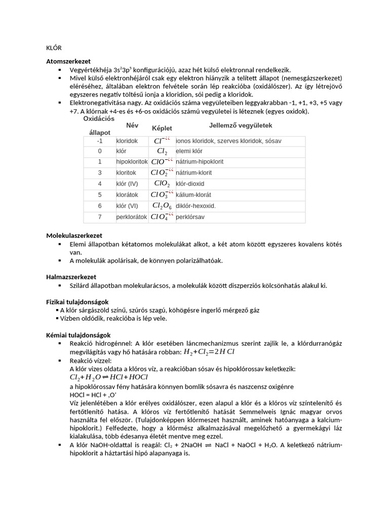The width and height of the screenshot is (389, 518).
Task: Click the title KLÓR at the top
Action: [x=54, y=48]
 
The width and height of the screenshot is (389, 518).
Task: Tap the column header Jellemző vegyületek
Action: [x=241, y=125]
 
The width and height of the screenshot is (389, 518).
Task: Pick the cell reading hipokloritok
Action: [x=132, y=162]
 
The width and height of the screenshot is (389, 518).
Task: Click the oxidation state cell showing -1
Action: [x=100, y=141]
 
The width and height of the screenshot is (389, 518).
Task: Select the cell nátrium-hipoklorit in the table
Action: [x=200, y=162]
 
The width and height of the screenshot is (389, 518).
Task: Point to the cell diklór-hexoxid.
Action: [x=196, y=206]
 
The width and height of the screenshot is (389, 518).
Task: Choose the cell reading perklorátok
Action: [x=132, y=217]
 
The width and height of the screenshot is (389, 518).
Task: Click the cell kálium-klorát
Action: [x=193, y=195]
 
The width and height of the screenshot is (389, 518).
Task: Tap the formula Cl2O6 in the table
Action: [x=162, y=206]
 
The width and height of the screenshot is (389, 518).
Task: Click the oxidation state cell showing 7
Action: [x=100, y=217]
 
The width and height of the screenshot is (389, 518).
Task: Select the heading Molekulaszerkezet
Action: [x=74, y=236]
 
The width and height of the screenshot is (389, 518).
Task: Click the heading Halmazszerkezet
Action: [x=71, y=277]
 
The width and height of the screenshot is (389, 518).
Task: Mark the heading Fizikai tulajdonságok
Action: [x=77, y=302]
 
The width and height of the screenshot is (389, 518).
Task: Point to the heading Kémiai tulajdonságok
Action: [x=78, y=335]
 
